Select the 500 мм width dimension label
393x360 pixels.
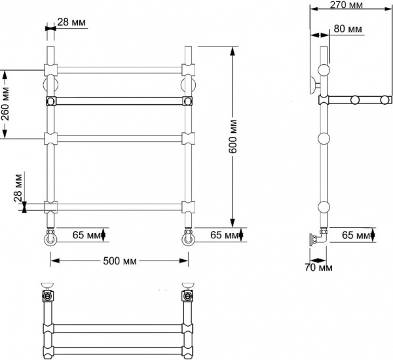(x=120, y=261)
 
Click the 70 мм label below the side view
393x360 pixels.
(x=319, y=267)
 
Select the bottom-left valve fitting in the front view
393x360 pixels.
(x=50, y=235)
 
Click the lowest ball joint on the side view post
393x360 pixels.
(x=324, y=208)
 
